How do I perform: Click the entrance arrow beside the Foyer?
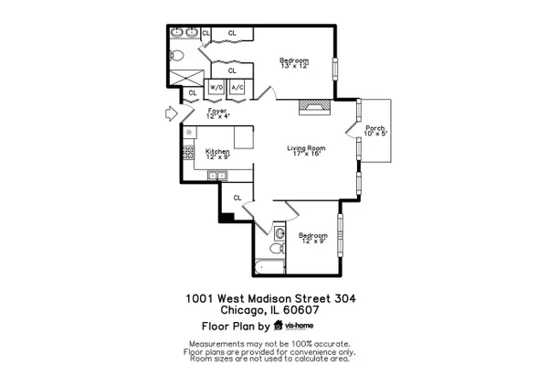pyautogui.click(x=172, y=113)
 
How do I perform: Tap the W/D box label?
pyautogui.click(x=216, y=87)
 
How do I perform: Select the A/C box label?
pyautogui.click(x=237, y=87)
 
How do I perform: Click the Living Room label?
pyautogui.click(x=306, y=150)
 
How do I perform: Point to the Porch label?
pyautogui.click(x=375, y=131)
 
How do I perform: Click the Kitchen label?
pyautogui.click(x=217, y=154)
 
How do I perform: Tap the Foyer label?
pyautogui.click(x=217, y=113)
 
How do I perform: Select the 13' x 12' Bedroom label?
pyautogui.click(x=294, y=63)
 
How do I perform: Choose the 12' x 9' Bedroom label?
pyautogui.click(x=313, y=238)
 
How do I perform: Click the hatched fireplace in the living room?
pyautogui.click(x=314, y=107)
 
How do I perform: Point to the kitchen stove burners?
pyautogui.click(x=188, y=153)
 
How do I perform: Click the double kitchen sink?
pyautogui.click(x=217, y=175)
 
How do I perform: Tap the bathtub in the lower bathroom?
pyautogui.click(x=269, y=267)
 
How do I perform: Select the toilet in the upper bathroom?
pyautogui.click(x=177, y=55)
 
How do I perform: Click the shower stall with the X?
pyautogui.click(x=186, y=78)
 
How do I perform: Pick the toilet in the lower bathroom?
pyautogui.click(x=277, y=248)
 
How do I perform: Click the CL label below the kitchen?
pyautogui.click(x=237, y=198)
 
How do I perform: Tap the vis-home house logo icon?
pyautogui.click(x=279, y=326)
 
